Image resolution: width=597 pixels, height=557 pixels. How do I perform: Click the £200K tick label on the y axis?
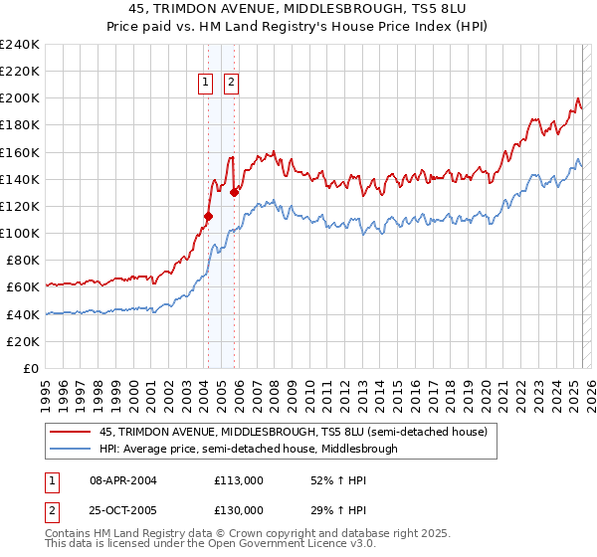19,98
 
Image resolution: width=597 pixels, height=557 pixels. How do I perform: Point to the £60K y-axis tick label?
22,287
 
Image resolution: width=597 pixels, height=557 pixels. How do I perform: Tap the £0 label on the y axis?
31,368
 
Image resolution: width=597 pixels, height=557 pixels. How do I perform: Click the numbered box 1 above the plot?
206,84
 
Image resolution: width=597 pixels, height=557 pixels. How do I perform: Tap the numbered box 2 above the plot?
231,84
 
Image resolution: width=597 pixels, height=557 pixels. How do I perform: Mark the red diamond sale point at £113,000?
208,215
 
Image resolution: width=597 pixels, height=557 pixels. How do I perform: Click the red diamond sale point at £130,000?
235,192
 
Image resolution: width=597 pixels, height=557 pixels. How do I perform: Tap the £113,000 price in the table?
238,479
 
